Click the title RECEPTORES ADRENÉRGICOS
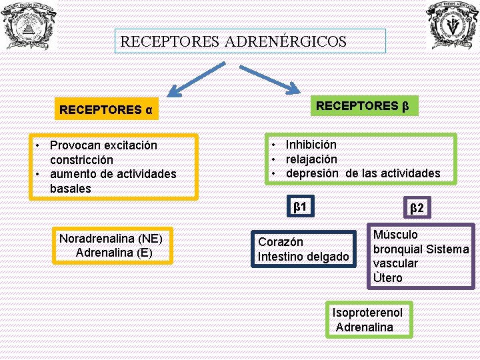point(233,41)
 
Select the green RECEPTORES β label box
point(362,106)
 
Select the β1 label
point(300,207)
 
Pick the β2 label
point(417,209)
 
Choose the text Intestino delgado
point(303,257)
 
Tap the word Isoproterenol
point(367,313)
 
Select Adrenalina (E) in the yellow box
point(114,253)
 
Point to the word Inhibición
point(311,145)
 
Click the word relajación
point(311,159)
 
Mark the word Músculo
point(395,235)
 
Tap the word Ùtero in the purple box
point(387,277)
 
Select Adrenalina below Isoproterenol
point(365,327)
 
